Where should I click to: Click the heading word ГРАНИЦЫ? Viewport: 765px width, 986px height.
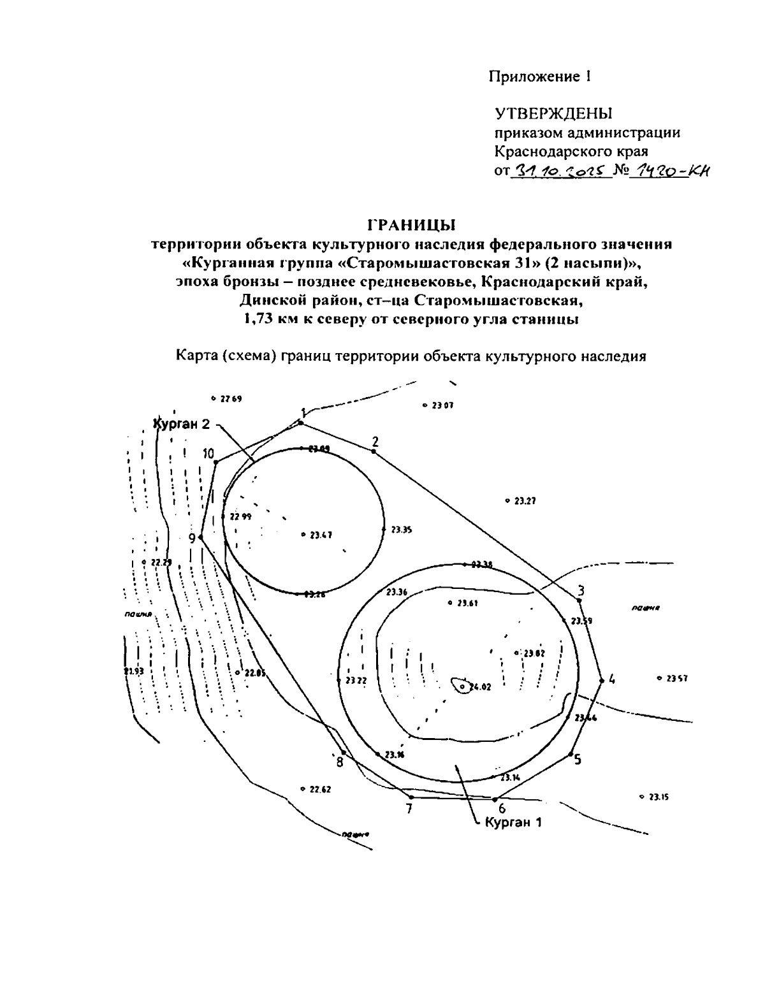(x=411, y=224)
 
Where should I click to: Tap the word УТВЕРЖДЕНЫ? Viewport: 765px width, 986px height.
(x=553, y=114)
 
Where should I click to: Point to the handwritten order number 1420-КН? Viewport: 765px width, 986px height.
(x=669, y=171)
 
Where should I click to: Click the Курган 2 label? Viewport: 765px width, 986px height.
(x=182, y=424)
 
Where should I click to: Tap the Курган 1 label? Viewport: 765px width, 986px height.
(x=513, y=822)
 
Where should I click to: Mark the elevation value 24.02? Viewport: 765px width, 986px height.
(x=479, y=687)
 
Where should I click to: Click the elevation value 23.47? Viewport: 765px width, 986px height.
(x=321, y=535)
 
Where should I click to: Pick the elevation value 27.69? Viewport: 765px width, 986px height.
(x=230, y=399)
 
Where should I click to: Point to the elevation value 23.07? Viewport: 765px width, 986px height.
(x=442, y=405)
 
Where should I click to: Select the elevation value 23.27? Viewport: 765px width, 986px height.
(x=524, y=501)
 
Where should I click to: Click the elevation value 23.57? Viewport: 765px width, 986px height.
(x=676, y=679)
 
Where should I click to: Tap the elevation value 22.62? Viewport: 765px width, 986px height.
(x=320, y=789)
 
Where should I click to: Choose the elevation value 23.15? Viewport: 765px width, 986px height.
(x=658, y=797)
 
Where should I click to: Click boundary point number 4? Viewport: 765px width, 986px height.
(x=611, y=679)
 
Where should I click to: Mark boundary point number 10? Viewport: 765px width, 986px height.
(x=208, y=454)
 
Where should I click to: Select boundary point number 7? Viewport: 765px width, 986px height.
(x=409, y=809)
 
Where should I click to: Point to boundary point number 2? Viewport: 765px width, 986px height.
(x=375, y=442)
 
